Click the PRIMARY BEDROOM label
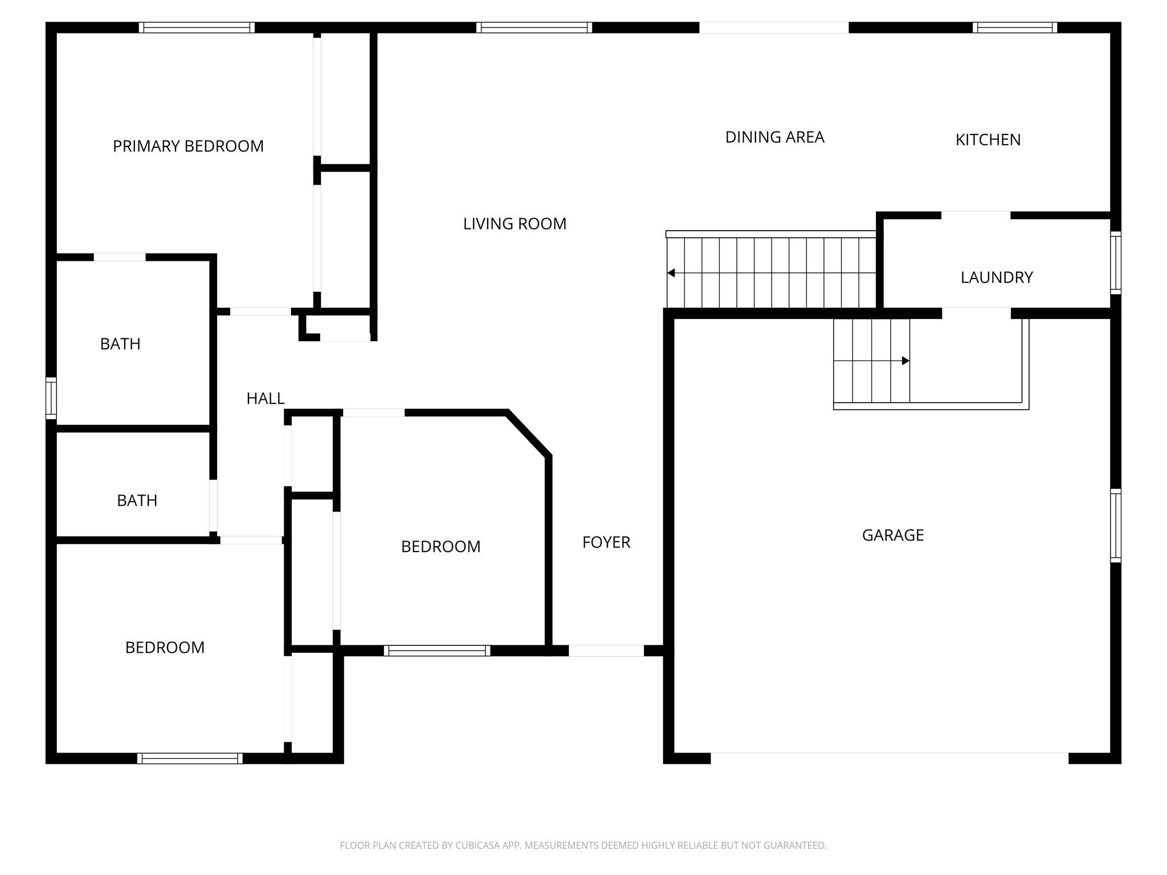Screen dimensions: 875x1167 (x=188, y=146)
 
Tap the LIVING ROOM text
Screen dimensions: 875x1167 (x=515, y=224)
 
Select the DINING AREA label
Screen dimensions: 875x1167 (x=774, y=137)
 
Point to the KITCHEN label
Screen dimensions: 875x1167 (x=988, y=140)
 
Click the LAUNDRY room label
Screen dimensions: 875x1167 (x=996, y=277)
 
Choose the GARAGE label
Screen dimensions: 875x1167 (x=892, y=535)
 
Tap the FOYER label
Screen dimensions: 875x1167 (x=606, y=542)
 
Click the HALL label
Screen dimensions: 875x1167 (x=265, y=399)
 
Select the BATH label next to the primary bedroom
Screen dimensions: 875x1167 (x=120, y=344)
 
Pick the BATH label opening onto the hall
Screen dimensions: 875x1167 (x=137, y=501)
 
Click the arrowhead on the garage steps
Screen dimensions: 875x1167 (x=905, y=361)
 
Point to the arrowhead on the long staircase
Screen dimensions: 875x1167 (x=671, y=273)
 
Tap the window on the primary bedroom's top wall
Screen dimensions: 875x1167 (x=197, y=27)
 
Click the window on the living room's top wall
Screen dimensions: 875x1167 (x=534, y=27)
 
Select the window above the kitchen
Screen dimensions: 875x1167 (x=1014, y=27)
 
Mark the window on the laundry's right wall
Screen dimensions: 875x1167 (x=1116, y=263)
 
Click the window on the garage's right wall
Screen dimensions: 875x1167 (x=1116, y=525)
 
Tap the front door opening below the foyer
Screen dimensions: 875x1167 (x=606, y=651)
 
